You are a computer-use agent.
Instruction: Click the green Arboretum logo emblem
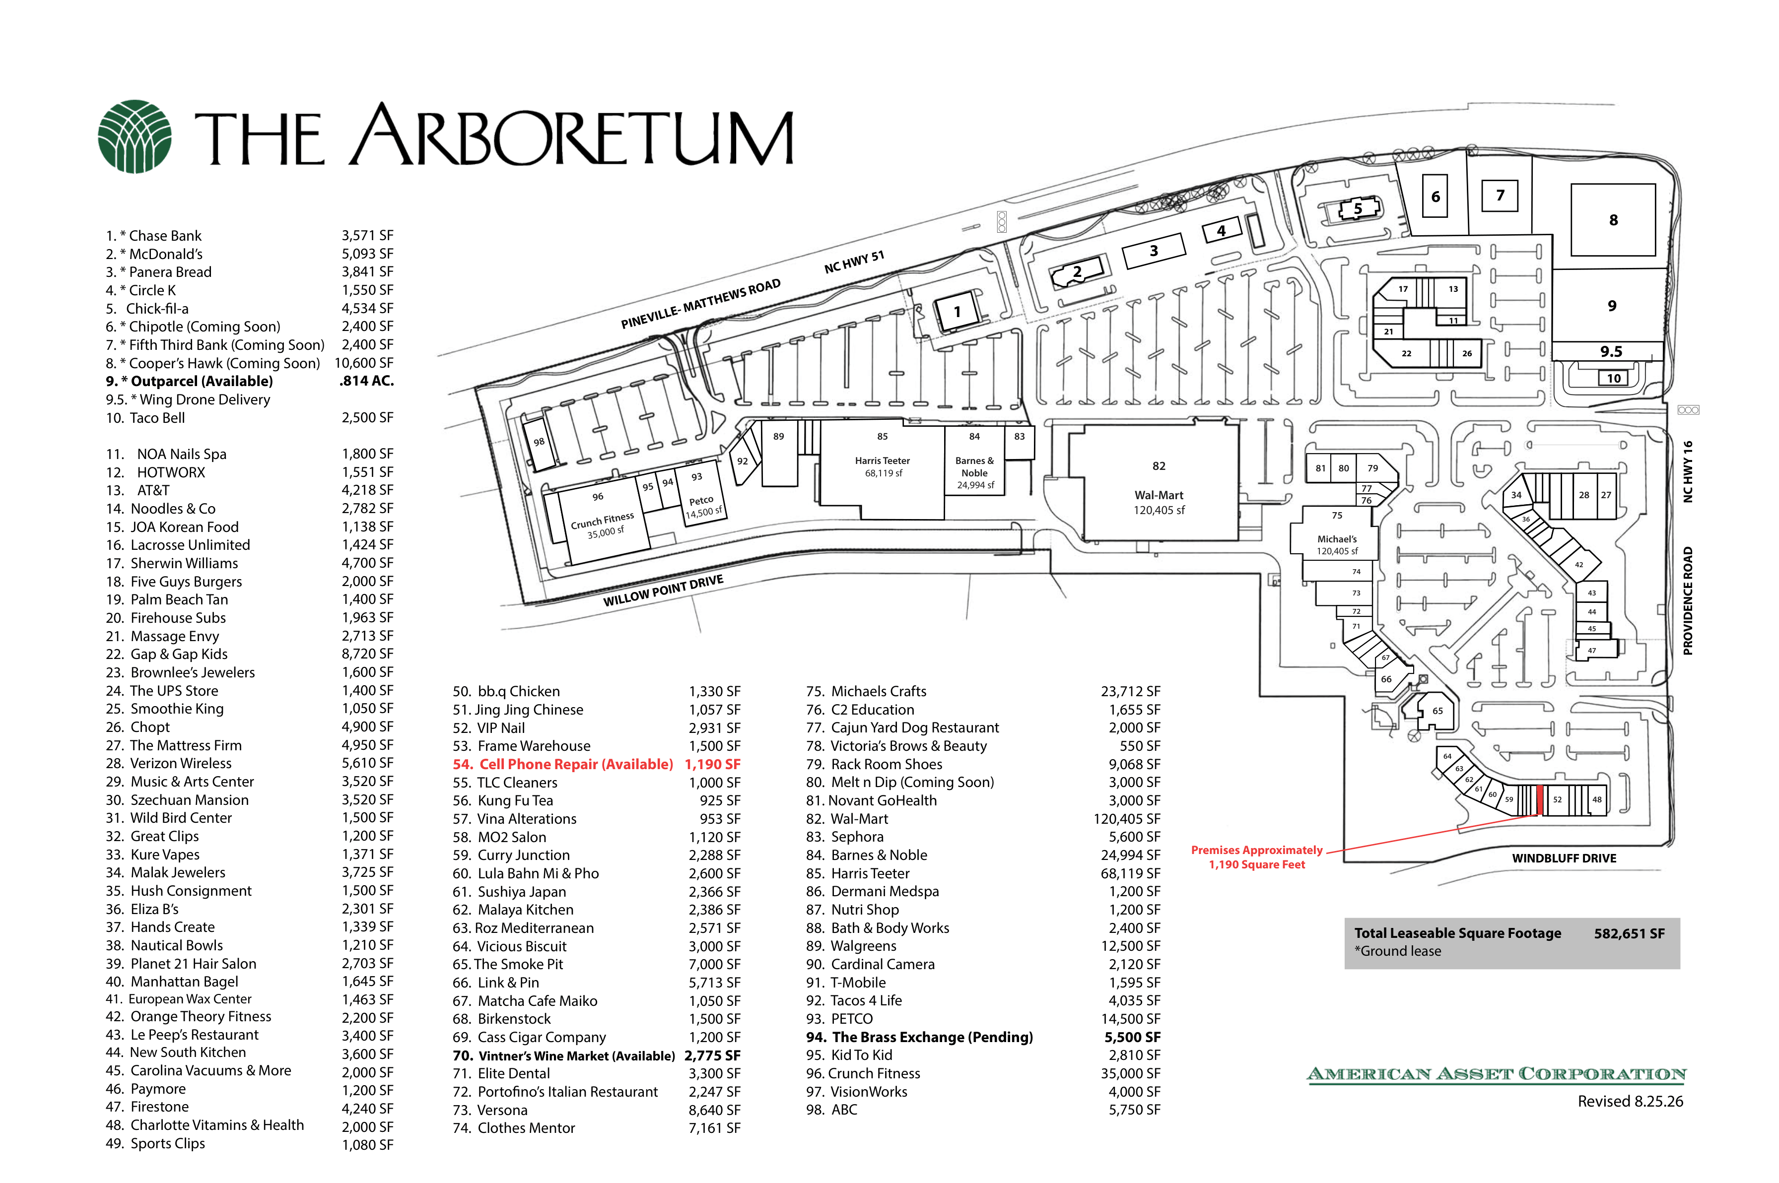pyautogui.click(x=135, y=136)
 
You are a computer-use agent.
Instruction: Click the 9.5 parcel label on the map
pyautogui.click(x=1611, y=352)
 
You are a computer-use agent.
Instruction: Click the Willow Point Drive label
pyautogui.click(x=663, y=590)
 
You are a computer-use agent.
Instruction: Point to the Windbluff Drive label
pyautogui.click(x=1564, y=858)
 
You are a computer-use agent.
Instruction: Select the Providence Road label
pyautogui.click(x=1688, y=600)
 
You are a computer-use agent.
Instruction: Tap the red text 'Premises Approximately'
pyautogui.click(x=1256, y=851)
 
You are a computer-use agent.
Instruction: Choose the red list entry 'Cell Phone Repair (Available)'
pyautogui.click(x=576, y=764)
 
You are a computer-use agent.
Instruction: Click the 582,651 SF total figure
pyautogui.click(x=1629, y=933)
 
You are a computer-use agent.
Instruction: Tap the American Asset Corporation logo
pyautogui.click(x=1496, y=1074)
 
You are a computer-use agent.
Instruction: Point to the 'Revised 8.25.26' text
pyautogui.click(x=1631, y=1102)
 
